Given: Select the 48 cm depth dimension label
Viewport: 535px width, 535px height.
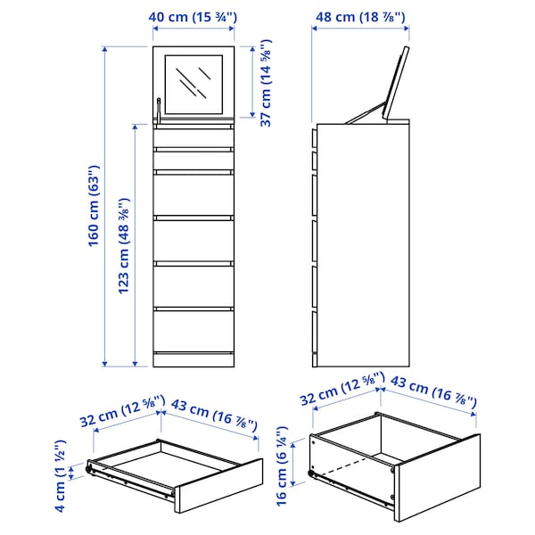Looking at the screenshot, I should tap(360, 15).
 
